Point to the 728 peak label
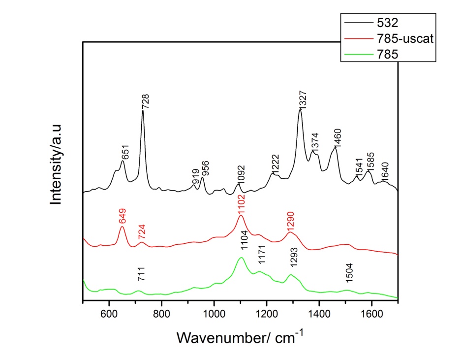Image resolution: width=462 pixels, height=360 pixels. [x=145, y=101]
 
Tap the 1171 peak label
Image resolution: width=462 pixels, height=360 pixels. [x=261, y=256]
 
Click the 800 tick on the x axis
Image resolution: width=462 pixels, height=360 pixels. [x=161, y=313]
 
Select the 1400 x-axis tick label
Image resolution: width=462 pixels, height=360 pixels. [x=319, y=313]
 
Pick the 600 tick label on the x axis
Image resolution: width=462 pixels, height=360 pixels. [x=109, y=313]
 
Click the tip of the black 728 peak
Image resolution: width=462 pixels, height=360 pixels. [x=143, y=111]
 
